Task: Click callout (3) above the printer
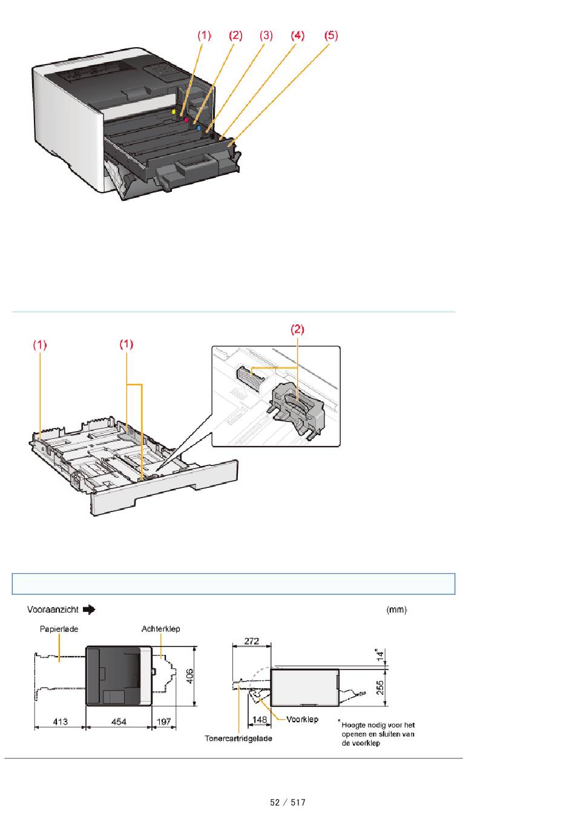tap(266, 36)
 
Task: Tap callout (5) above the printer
tap(330, 36)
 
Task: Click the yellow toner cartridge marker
tap(174, 112)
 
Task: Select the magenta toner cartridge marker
tap(186, 120)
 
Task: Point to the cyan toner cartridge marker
tap(199, 128)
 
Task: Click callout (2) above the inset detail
tap(298, 330)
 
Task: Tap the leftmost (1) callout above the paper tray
tap(40, 344)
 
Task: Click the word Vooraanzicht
tap(51, 610)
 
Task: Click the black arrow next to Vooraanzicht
tap(89, 610)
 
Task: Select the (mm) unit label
tap(396, 610)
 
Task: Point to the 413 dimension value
tap(60, 722)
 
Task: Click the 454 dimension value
tap(119, 722)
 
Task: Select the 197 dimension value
tap(163, 722)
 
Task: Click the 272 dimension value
tap(251, 640)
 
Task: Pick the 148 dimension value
tap(259, 720)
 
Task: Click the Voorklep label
tap(301, 720)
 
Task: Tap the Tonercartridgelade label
tap(238, 739)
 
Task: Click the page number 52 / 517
tap(287, 803)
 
